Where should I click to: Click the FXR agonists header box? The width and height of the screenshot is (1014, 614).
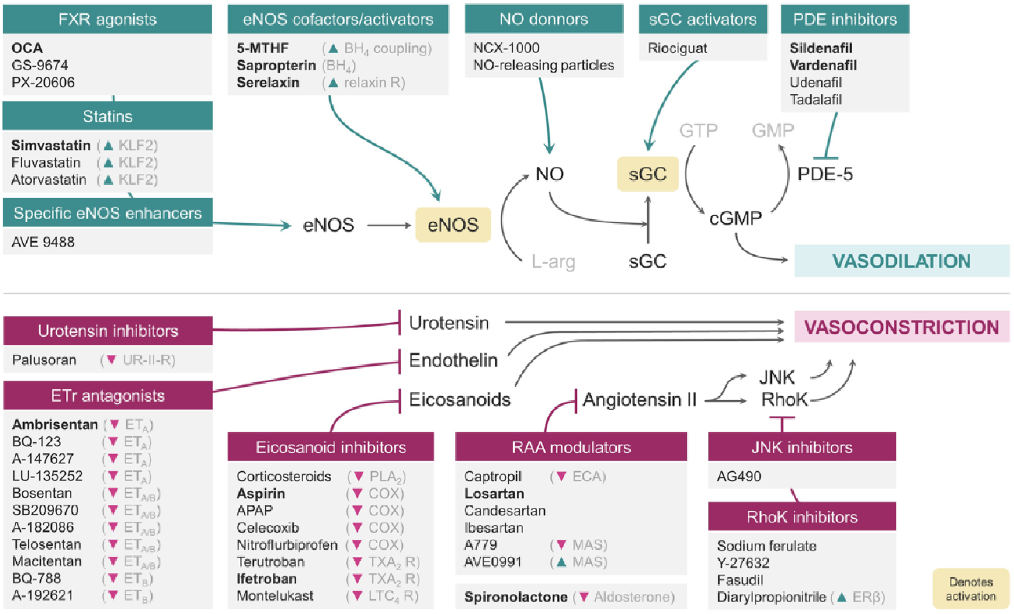(x=107, y=19)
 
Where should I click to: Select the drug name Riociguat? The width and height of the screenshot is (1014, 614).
(x=677, y=48)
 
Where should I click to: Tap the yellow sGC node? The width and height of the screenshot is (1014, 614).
(x=647, y=174)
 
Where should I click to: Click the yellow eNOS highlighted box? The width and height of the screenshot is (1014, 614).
(x=453, y=225)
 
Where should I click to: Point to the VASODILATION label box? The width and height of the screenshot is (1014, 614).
(x=901, y=261)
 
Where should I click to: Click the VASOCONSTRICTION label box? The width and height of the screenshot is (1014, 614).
(x=901, y=327)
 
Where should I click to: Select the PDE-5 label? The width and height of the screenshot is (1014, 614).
(x=825, y=174)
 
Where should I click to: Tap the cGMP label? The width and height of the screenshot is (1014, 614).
(x=736, y=218)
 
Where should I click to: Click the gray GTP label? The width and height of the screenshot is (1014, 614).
(x=698, y=130)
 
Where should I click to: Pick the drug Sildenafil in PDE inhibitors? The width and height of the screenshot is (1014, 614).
(x=821, y=48)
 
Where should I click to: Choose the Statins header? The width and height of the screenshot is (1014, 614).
(x=107, y=116)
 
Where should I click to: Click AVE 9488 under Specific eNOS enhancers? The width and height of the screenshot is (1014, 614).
(x=43, y=242)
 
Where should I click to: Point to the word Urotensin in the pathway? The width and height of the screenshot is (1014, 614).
(x=449, y=323)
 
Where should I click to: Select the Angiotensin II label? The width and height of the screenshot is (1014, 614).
(x=639, y=400)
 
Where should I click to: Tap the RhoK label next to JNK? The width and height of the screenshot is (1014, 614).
(x=784, y=400)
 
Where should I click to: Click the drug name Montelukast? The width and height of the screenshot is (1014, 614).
(x=275, y=596)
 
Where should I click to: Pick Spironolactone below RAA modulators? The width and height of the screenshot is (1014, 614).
(x=516, y=597)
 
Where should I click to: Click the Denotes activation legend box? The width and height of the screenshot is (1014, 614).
(x=970, y=588)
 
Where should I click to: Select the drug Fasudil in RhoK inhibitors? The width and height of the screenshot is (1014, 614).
(x=740, y=580)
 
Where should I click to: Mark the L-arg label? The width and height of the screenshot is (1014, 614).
(x=553, y=262)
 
